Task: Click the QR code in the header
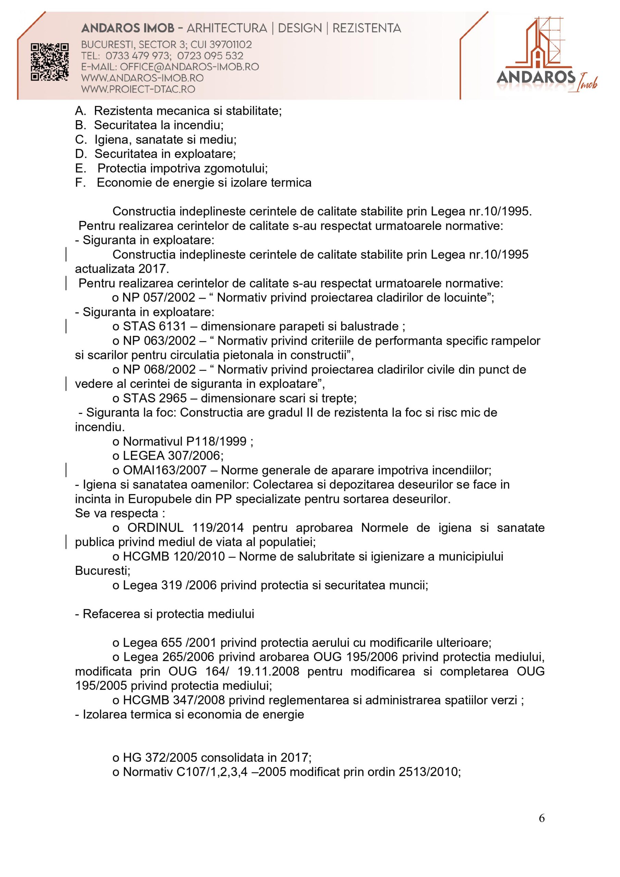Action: (50, 62)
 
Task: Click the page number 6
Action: (541, 829)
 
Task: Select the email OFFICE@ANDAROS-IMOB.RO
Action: (189, 67)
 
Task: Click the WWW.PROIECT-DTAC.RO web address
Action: (138, 89)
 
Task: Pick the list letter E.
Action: (80, 169)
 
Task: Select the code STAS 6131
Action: (154, 326)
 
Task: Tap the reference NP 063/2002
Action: (159, 341)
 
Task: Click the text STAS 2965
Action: (155, 398)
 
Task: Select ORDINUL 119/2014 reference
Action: (185, 528)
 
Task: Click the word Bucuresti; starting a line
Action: (103, 571)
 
